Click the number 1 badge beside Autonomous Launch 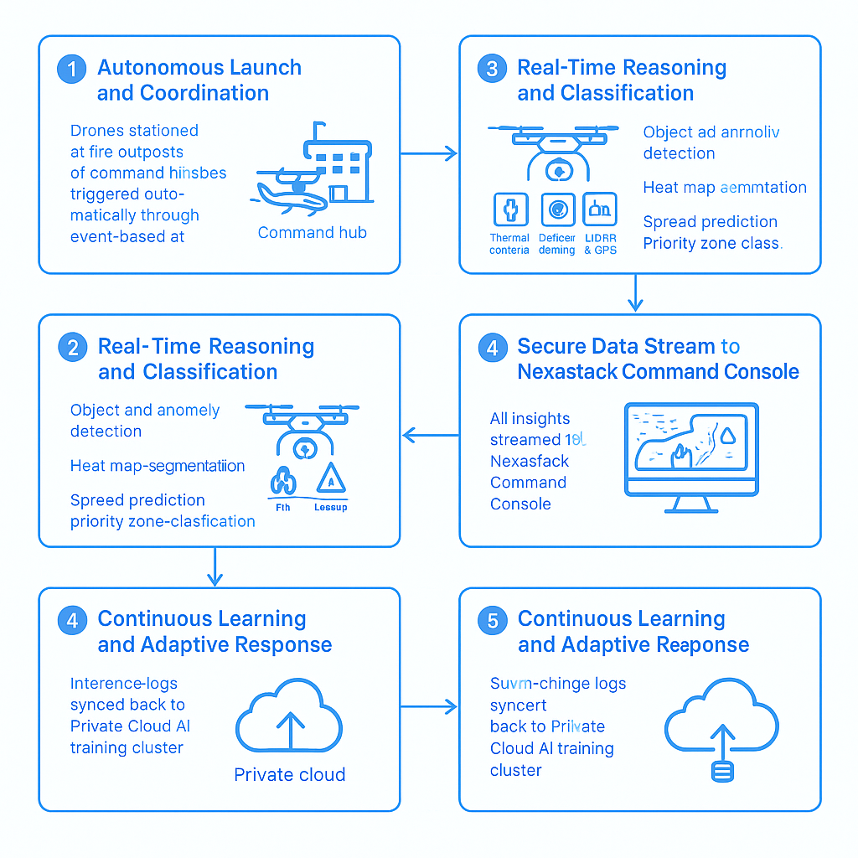(71, 70)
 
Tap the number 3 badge (492, 70)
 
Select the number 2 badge (72, 348)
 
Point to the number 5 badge (492, 621)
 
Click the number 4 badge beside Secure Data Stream (492, 348)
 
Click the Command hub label (312, 233)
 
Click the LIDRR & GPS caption (599, 244)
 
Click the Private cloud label (289, 775)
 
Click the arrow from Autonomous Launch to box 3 (428, 153)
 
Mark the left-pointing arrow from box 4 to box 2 (431, 435)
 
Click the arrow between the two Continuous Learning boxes (428, 706)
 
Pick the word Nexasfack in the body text (530, 461)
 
